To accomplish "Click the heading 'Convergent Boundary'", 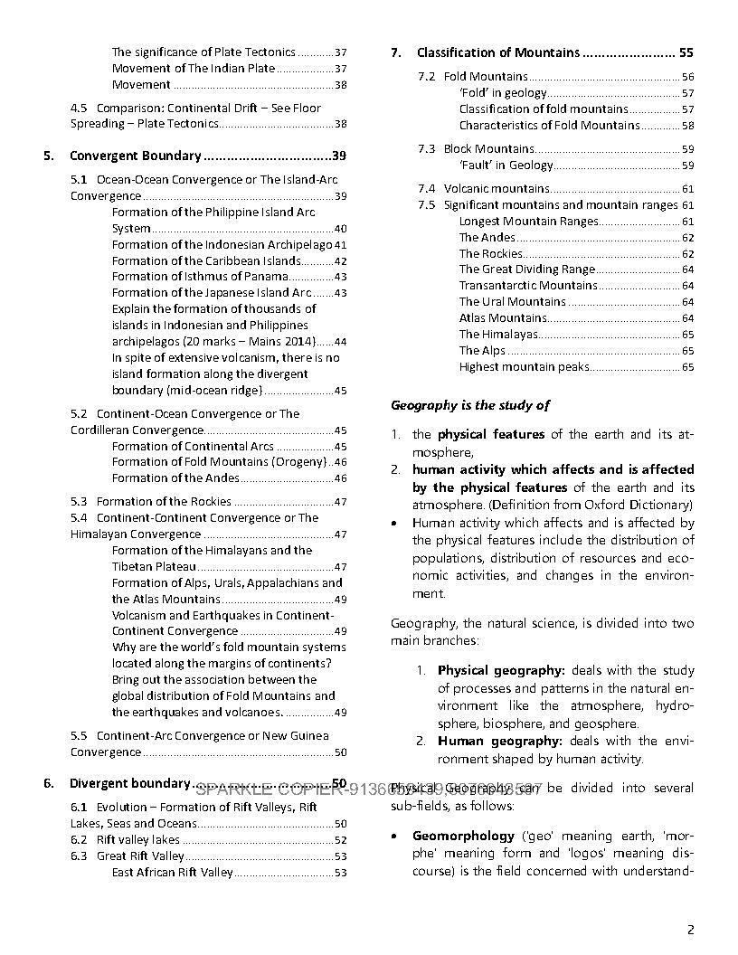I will click(135, 156).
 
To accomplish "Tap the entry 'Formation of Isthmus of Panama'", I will click(200, 277).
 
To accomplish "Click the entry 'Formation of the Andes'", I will click(175, 478).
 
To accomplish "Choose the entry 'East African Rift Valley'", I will click(172, 873).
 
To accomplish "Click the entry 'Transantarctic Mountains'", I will click(528, 286).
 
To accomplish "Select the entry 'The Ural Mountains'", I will click(512, 302).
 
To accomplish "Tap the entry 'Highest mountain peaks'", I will click(524, 367).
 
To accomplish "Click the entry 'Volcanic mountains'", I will click(496, 189).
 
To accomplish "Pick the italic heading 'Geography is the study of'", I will click(469, 406).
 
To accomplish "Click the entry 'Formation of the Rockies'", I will click(164, 502).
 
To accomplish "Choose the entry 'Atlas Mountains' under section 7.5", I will click(502, 318).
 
